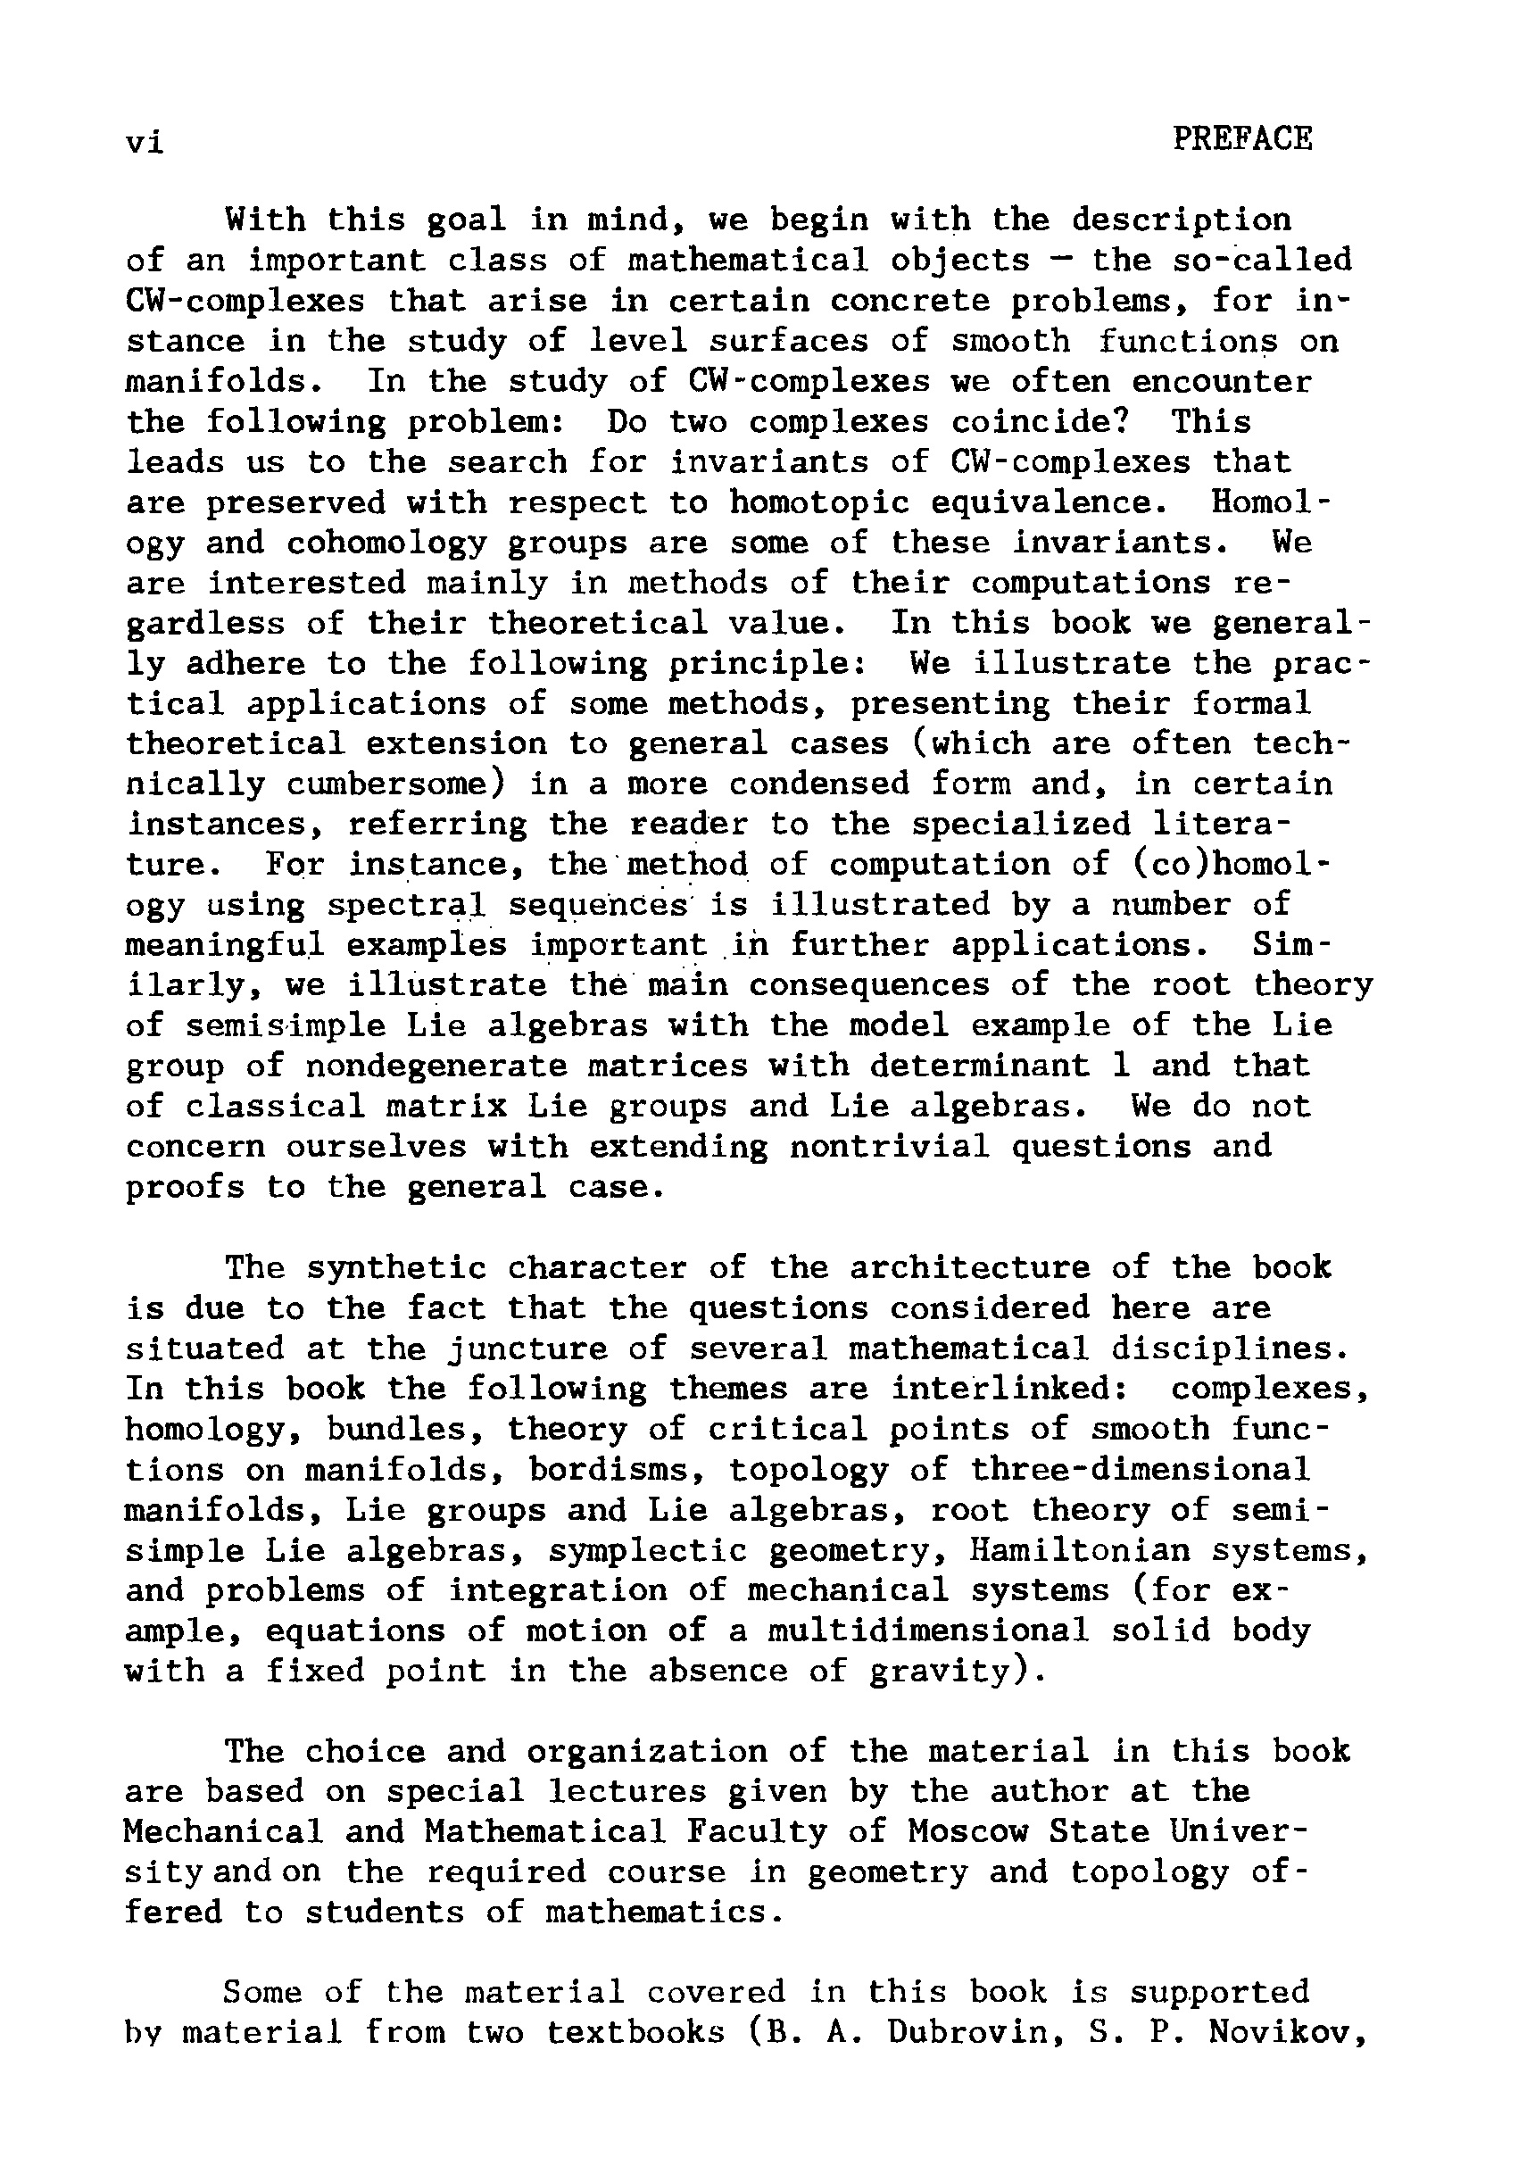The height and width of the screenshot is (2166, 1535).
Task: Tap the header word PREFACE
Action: coord(1241,140)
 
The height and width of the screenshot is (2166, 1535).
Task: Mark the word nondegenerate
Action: coord(436,1066)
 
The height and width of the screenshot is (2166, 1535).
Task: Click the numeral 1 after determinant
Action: coord(1121,1066)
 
